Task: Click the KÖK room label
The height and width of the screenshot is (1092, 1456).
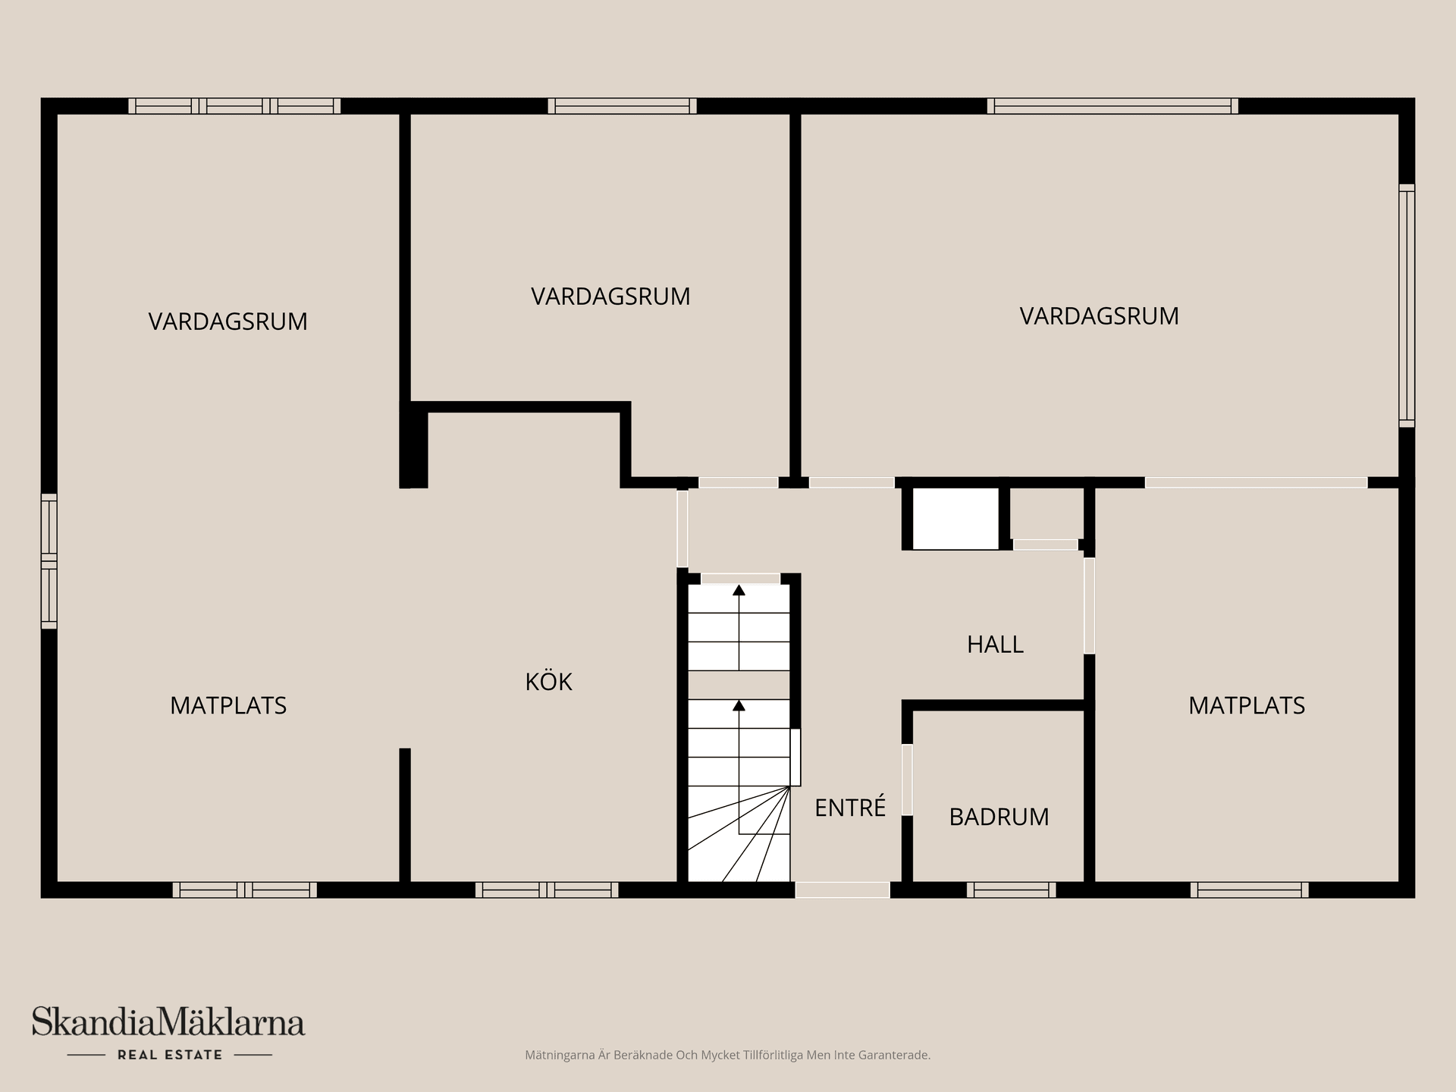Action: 548,682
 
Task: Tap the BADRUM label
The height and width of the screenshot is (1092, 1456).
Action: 999,817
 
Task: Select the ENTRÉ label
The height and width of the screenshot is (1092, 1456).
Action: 849,808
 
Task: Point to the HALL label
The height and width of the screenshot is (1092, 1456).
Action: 995,645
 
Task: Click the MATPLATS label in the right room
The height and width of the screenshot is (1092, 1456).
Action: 1246,705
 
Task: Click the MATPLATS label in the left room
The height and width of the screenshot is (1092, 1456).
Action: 228,705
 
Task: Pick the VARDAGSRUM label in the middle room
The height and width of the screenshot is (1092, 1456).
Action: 610,296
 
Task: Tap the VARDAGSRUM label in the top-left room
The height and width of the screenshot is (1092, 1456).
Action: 228,322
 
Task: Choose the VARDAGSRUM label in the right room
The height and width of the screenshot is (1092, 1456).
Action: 1099,316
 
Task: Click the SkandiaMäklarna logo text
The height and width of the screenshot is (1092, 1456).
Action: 168,1021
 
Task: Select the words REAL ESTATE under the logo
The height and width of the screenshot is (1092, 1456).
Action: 170,1055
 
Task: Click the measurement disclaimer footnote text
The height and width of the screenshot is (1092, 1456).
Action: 727,1055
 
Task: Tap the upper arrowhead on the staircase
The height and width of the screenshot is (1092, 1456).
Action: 739,590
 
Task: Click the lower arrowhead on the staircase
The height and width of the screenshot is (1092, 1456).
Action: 739,706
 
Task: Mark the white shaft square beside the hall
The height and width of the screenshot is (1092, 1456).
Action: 955,518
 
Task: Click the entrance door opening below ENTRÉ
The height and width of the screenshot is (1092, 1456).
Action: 842,890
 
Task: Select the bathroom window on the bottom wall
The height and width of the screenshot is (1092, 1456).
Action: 1011,890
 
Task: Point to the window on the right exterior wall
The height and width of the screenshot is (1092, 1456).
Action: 1406,305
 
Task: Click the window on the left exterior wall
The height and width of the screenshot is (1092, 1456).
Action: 49,561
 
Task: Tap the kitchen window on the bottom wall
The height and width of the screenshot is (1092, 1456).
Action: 547,890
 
